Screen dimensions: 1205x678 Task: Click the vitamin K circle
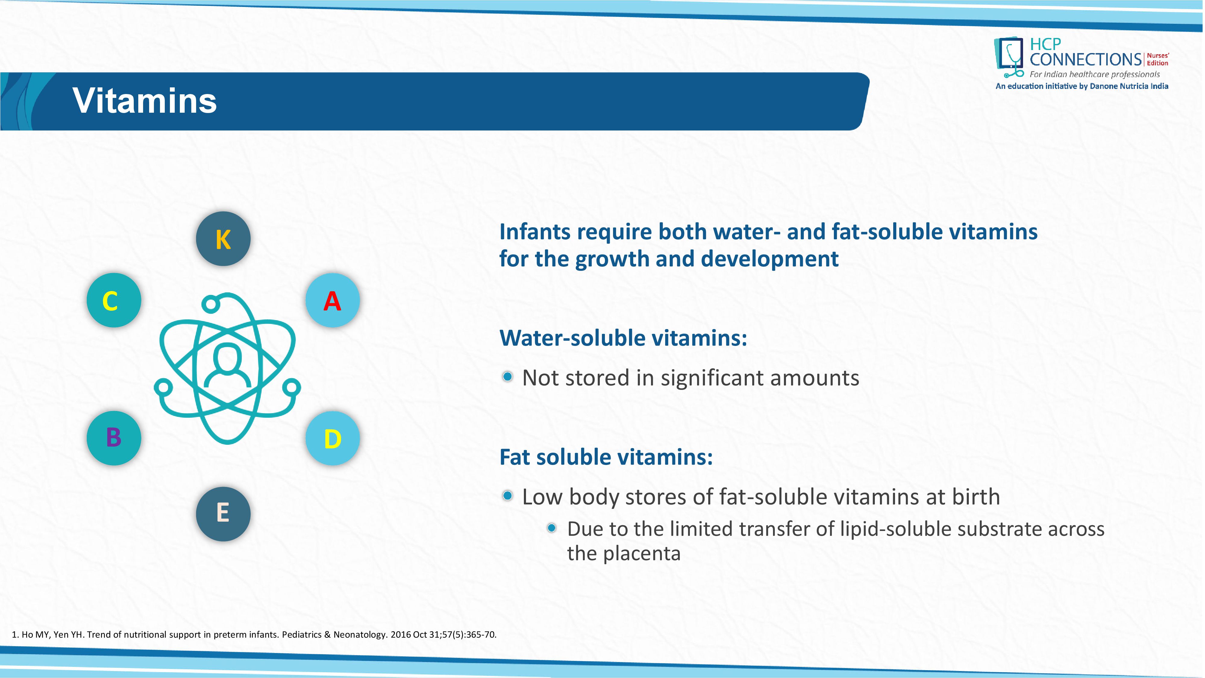click(x=223, y=239)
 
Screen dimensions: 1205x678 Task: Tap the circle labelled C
click(x=114, y=300)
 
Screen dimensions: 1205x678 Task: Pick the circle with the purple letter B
click(x=114, y=438)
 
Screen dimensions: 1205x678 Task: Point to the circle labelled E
click(x=223, y=514)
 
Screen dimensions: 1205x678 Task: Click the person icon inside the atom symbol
click(x=228, y=366)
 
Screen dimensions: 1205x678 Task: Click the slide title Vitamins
click(x=145, y=101)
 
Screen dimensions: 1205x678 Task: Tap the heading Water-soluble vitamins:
click(x=623, y=338)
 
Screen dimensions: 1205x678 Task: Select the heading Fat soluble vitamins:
click(x=606, y=457)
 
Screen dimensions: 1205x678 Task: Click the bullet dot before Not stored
click(x=508, y=377)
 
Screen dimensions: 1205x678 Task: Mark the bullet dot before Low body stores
click(x=508, y=495)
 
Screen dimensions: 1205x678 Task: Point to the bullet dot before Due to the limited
click(x=552, y=528)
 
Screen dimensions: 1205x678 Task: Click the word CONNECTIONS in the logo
click(x=1085, y=59)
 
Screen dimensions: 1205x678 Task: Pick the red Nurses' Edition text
click(x=1157, y=59)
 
